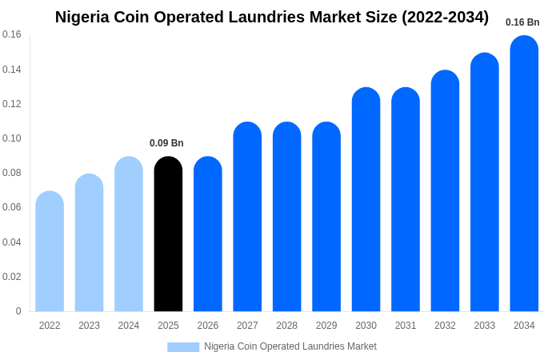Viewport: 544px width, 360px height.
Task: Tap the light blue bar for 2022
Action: coord(50,251)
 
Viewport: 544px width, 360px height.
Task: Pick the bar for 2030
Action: coord(366,199)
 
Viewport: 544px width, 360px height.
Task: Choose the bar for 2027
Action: coord(247,217)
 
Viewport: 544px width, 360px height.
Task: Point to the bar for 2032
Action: coord(445,191)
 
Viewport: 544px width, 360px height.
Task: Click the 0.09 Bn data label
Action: coord(166,143)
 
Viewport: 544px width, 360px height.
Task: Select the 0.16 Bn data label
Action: coord(522,22)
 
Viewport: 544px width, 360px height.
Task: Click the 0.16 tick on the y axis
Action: coord(12,34)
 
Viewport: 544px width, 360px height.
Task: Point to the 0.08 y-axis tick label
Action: coord(12,173)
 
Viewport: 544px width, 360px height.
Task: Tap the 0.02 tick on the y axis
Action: coord(12,277)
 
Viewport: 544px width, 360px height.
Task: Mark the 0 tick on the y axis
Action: coord(18,311)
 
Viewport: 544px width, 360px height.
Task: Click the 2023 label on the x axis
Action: coord(89,326)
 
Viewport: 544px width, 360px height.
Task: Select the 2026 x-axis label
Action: coord(208,326)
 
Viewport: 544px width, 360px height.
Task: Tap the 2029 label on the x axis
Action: coord(326,326)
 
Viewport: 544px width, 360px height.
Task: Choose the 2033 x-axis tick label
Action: coord(485,326)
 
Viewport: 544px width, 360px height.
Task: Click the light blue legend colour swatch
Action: coord(183,346)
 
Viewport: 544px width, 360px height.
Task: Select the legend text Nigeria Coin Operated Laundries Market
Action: coord(290,346)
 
